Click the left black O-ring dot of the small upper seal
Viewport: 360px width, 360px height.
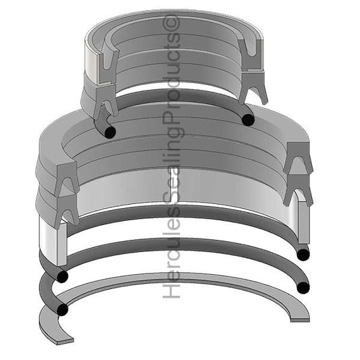click(107, 129)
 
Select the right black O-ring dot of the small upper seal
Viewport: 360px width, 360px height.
click(249, 120)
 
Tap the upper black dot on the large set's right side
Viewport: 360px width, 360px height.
click(302, 254)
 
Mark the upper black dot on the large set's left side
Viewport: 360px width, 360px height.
click(63, 276)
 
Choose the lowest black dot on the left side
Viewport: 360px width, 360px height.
click(63, 310)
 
